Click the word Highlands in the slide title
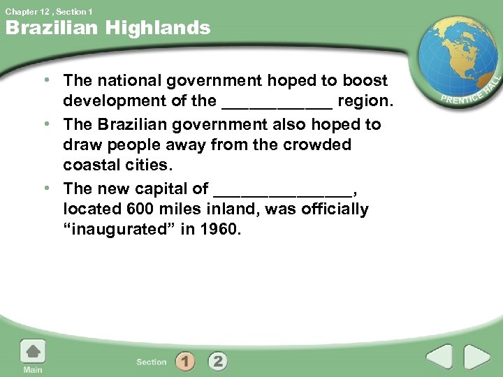tap(166, 28)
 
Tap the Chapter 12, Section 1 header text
tap(49, 11)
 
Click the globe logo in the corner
tap(457, 59)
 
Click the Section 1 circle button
tap(185, 362)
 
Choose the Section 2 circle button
tap(217, 362)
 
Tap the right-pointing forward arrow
tap(478, 358)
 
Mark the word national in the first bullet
tap(126, 81)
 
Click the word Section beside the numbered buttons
tap(152, 362)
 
